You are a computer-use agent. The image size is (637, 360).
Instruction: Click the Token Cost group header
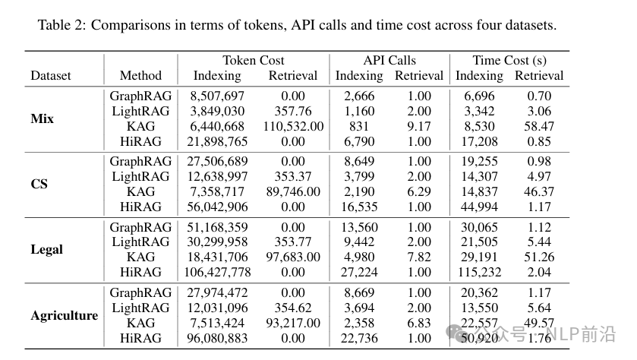tap(254, 61)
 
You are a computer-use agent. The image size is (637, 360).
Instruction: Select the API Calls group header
tap(389, 61)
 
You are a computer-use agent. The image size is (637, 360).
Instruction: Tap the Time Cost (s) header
tap(509, 61)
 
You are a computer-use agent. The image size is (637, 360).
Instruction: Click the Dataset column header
tap(51, 75)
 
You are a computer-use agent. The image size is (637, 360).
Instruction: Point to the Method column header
tap(140, 75)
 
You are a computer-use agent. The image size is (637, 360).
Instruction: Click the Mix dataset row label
tap(42, 119)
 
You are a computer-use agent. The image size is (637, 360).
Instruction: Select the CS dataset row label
tap(39, 185)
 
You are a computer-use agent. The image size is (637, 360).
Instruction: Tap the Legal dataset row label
tap(46, 249)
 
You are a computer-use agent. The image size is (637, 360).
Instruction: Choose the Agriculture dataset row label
tap(64, 315)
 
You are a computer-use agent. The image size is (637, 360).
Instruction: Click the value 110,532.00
tap(292, 126)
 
